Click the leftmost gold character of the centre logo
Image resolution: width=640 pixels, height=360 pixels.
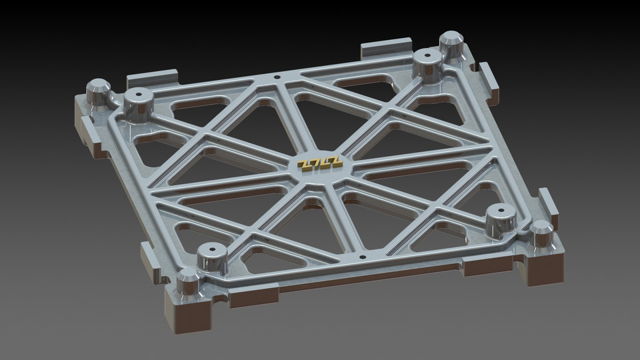click(x=304, y=165)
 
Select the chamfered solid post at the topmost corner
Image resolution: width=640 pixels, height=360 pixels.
click(x=452, y=43)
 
